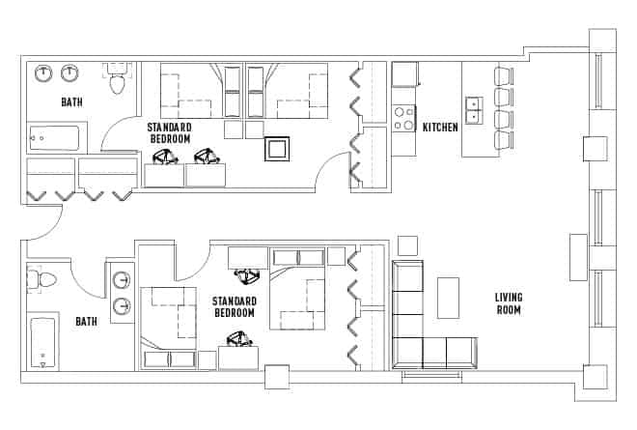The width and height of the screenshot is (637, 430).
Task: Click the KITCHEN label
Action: [x=440, y=127]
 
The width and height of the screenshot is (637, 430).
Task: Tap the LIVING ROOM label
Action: [x=508, y=303]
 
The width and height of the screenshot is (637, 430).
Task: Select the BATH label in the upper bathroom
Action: [x=71, y=101]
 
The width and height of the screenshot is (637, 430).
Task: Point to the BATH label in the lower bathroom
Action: [x=86, y=321]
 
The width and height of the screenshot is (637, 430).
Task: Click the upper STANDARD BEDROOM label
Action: [x=169, y=133]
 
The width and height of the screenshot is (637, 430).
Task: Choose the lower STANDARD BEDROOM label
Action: [x=234, y=307]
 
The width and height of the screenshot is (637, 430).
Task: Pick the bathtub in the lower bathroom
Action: [x=42, y=342]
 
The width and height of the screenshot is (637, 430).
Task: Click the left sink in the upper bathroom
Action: [x=44, y=73]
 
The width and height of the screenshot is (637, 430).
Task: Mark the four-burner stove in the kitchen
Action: [x=403, y=119]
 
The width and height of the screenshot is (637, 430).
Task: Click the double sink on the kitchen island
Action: [x=473, y=110]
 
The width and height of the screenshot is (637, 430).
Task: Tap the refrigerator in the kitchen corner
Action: [x=404, y=73]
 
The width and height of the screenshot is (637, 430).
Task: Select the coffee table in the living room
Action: [x=449, y=298]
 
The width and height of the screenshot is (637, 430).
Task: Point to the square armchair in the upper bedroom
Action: [x=278, y=149]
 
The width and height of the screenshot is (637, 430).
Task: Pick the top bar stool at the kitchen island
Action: [x=504, y=75]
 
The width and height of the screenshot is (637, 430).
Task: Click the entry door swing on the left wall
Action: [x=37, y=224]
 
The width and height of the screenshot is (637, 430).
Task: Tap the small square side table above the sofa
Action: [x=407, y=244]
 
